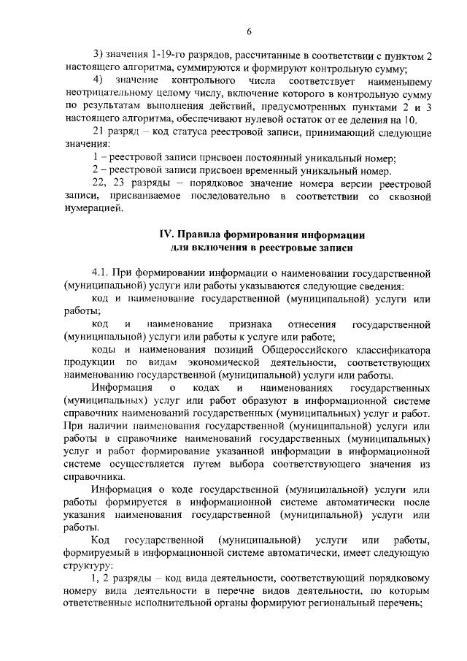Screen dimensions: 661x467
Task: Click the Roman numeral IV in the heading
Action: pos(166,235)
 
